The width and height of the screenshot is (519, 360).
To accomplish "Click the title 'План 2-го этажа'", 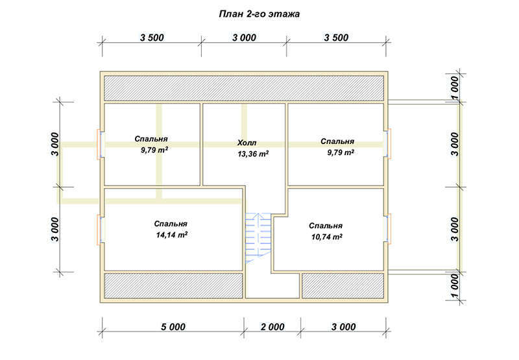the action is point(259,14).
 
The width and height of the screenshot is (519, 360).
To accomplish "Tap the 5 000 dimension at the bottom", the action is point(173,327).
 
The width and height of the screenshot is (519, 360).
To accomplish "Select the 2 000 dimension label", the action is point(272,327).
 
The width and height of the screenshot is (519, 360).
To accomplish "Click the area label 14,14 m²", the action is point(172,235).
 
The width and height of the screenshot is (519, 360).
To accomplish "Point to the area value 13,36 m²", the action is point(253,154).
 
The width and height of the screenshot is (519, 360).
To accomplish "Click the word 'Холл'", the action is point(247,143).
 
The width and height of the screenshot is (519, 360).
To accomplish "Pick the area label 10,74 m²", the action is point(327,237).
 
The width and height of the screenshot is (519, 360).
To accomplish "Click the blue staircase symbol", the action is point(258,238).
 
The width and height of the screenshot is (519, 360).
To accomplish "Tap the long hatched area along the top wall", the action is point(244,88).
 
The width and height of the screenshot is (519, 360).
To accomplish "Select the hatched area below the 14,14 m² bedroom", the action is point(173,285).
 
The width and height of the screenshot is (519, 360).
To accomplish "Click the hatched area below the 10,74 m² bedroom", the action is point(343,285).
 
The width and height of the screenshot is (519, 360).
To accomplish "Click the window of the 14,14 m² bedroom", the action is point(99,230).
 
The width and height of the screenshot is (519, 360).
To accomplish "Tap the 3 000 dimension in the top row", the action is point(244,38).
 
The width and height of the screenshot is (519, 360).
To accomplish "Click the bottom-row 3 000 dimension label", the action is point(344,327).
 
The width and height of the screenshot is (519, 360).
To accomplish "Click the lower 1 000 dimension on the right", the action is point(455,286).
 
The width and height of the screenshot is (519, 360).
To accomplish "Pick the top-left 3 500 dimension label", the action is point(152,38).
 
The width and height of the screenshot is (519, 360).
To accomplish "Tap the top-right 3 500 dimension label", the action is point(336,38).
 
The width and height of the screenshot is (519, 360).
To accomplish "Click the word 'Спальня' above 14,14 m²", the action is point(171,224).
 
